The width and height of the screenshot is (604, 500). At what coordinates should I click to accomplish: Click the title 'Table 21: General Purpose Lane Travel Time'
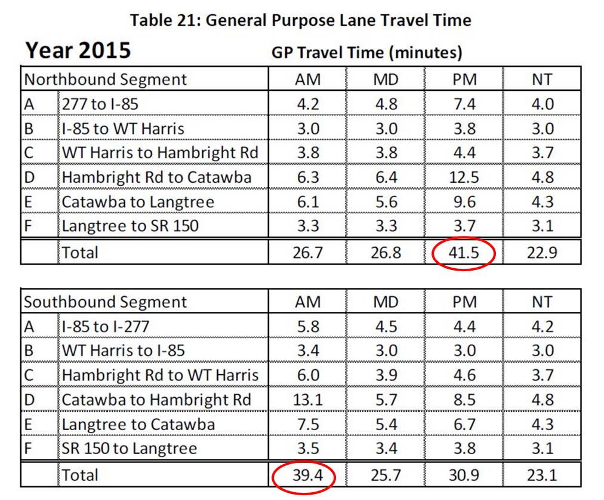pos(301,20)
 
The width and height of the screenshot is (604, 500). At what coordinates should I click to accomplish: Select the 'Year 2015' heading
pos(78,51)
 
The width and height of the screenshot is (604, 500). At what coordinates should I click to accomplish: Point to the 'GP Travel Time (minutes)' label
pos(366,53)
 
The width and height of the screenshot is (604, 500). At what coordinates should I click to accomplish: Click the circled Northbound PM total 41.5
pos(464,252)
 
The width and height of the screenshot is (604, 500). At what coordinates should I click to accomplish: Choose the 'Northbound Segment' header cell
pos(105,79)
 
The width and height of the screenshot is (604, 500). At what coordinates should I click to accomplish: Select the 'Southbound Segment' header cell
pos(105,302)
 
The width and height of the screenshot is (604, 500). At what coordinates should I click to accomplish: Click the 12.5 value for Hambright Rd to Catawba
pos(464,177)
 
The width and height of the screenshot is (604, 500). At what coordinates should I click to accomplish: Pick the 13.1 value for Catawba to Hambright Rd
pos(308,400)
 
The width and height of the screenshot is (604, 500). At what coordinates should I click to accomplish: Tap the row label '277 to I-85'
pos(100,104)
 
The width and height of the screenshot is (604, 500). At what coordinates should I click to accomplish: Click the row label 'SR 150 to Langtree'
pos(129,449)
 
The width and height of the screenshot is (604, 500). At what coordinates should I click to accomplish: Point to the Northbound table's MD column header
pos(386,79)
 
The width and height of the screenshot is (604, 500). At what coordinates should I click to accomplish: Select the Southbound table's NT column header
pos(542,302)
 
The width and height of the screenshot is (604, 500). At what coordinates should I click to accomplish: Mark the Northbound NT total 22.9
pos(542,252)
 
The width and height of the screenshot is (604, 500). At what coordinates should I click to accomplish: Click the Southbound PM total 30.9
pos(464,476)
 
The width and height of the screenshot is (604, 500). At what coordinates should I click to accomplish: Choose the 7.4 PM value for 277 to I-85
pos(464,104)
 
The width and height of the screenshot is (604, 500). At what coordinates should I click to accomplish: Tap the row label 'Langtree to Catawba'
pos(138,424)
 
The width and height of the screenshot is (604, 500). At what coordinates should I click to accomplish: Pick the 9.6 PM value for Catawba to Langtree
pos(464,202)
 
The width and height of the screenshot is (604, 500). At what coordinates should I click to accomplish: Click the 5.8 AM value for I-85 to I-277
pos(308,327)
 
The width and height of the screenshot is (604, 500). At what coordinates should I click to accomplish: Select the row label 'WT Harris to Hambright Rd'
pos(160,153)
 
